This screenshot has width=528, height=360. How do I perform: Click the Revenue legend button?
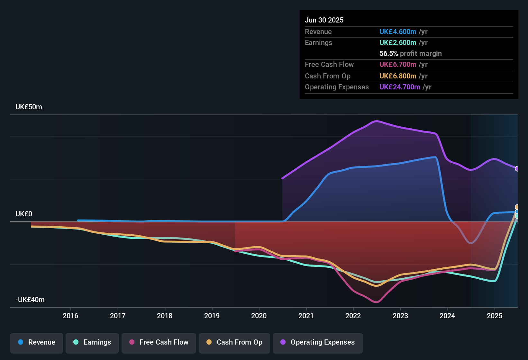coord(37,342)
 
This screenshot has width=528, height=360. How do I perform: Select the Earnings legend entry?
coord(92,342)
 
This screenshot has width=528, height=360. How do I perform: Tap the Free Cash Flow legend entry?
coord(159,342)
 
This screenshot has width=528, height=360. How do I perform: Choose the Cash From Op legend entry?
coord(234,342)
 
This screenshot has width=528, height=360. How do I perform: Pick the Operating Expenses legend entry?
coord(318,342)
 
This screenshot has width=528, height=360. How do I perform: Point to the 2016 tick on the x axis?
coord(70,316)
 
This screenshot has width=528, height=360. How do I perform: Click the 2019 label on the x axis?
coord(212,316)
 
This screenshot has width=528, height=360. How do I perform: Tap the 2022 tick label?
coord(353,316)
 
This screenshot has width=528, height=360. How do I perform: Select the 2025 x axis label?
coord(495,316)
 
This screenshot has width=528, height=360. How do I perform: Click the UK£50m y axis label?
coord(29,107)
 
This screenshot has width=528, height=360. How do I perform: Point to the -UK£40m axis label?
coord(30,300)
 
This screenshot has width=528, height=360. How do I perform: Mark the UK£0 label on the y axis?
coord(24,214)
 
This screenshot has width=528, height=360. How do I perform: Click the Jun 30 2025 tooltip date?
coord(324,20)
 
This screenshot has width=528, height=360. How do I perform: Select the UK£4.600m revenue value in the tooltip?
coord(398,32)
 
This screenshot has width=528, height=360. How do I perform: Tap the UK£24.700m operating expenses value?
coord(400,87)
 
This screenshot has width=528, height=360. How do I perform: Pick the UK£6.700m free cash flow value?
coord(398,64)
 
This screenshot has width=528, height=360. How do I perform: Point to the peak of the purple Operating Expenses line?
coord(376,121)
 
